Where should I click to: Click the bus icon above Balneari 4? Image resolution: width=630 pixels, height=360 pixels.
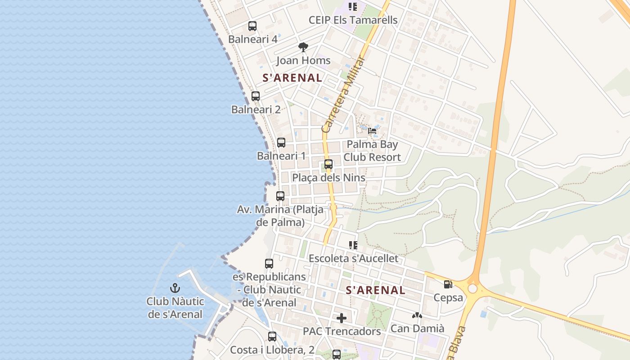(x=252, y=26)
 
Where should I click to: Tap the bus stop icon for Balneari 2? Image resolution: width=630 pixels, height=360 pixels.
(x=256, y=96)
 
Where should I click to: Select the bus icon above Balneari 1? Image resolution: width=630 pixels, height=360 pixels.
(x=281, y=143)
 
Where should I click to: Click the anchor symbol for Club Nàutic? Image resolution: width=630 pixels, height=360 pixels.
(x=175, y=288)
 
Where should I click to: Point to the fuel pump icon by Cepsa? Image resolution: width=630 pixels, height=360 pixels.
(x=448, y=284)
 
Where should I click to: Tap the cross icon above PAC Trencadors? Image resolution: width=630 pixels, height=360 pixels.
(x=342, y=318)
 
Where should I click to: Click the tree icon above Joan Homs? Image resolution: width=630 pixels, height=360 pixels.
(x=303, y=47)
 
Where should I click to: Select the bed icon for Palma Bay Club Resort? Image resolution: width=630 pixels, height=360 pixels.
(x=372, y=131)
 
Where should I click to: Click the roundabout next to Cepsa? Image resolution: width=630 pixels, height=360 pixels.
(x=472, y=288)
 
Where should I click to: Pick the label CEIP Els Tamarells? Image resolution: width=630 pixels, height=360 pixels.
(x=353, y=20)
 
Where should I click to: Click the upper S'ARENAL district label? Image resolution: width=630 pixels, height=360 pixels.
(x=292, y=78)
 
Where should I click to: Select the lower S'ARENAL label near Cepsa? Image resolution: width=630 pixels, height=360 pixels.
(x=376, y=291)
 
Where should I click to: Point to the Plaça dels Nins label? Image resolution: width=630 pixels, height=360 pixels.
(x=328, y=178)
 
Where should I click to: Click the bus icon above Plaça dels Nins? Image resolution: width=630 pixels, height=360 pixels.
(x=328, y=164)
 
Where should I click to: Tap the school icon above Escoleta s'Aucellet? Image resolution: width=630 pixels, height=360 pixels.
(x=353, y=245)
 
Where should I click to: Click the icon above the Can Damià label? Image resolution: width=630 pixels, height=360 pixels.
(x=417, y=315)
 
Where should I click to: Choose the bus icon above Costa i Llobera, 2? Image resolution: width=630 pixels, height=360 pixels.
(x=272, y=337)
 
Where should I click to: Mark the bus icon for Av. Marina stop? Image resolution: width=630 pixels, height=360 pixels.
(x=280, y=196)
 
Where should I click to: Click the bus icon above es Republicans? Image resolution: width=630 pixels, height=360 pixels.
(x=269, y=264)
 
